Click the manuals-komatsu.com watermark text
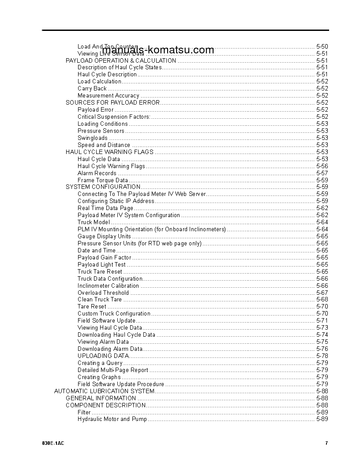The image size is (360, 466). tap(157, 50)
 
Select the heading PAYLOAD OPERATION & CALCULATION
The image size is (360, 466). tap(121, 60)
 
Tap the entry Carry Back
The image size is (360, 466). tap(92, 88)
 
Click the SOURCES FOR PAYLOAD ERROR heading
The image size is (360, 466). tap(112, 102)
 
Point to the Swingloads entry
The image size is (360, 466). tap(92, 138)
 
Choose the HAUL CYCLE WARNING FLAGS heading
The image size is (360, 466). tap(109, 152)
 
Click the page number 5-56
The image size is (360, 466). tap(322, 166)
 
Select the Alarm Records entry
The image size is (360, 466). tap(97, 173)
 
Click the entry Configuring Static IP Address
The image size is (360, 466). tap(116, 201)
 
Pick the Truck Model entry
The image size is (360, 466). tap(94, 222)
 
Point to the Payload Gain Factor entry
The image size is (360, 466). tap(104, 257)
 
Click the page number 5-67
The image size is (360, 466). tap(322, 293)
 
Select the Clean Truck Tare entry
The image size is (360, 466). tap(100, 299)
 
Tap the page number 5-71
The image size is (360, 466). tap(322, 320)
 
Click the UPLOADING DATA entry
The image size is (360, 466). tap(103, 356)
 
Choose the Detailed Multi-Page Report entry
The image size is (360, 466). tap(113, 370)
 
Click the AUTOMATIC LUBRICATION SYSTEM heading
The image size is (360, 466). tap(104, 391)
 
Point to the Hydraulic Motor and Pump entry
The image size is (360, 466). tap(112, 419)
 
